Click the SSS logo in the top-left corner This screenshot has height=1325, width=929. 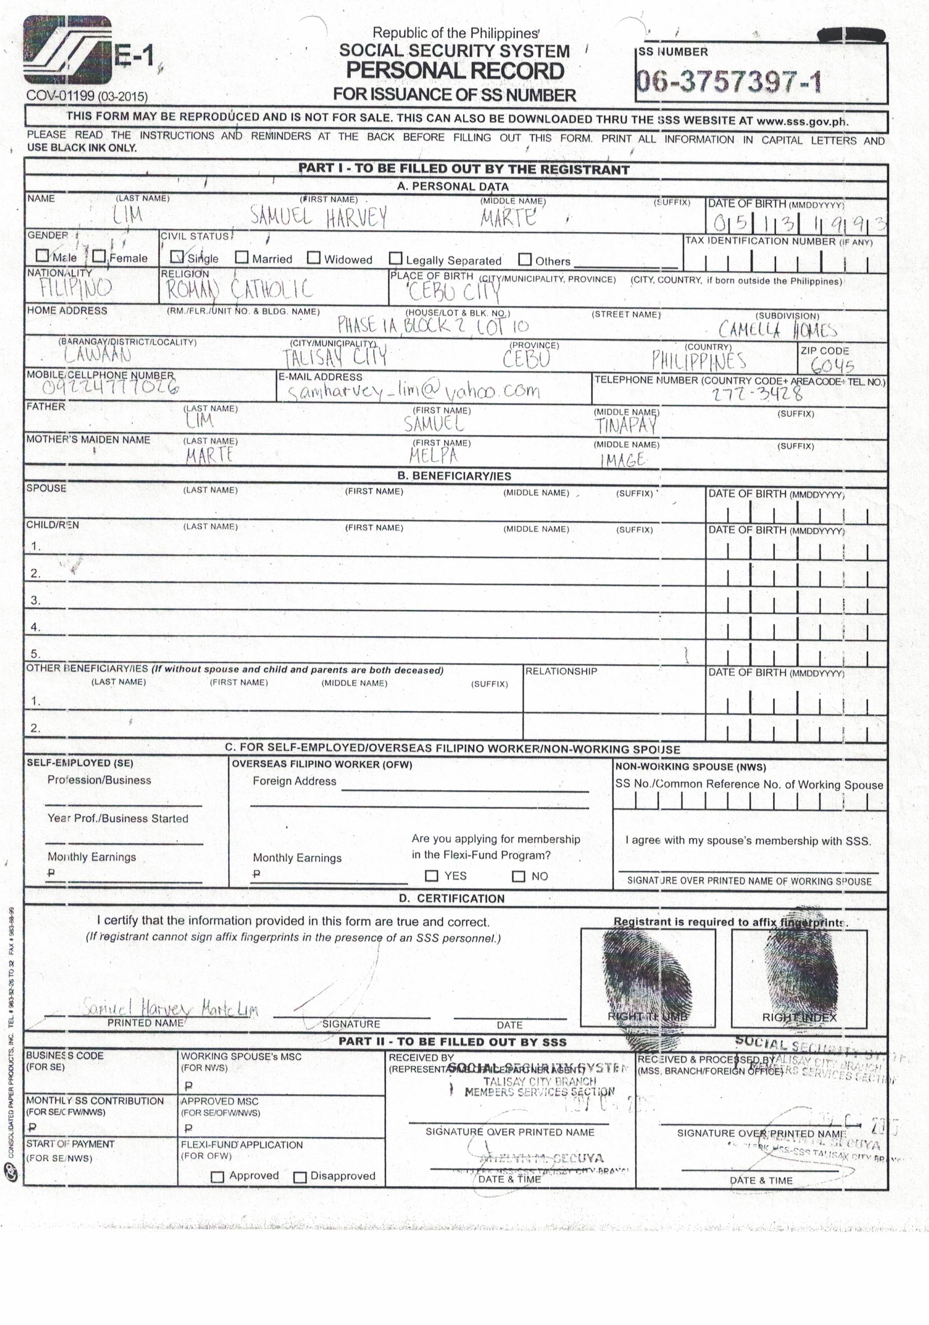point(67,50)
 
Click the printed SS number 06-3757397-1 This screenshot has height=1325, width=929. point(728,82)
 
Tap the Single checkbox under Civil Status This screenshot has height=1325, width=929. point(178,256)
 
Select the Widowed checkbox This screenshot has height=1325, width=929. point(314,258)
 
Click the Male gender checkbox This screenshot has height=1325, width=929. point(42,255)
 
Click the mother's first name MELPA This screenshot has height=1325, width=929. point(433,456)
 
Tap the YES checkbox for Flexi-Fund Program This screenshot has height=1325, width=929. point(431,876)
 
